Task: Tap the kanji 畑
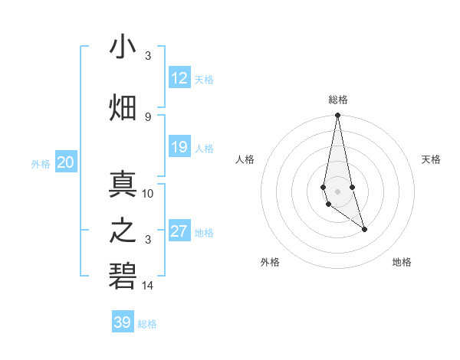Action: (x=123, y=108)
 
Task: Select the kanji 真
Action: (x=123, y=185)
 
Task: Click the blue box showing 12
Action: (x=179, y=78)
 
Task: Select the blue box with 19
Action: (x=179, y=147)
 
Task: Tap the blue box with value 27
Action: (x=179, y=231)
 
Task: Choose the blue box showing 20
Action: (x=66, y=162)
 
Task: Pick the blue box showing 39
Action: (x=123, y=322)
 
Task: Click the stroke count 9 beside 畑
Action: (x=148, y=116)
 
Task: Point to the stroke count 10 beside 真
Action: (x=148, y=193)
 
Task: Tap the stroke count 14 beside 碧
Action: (x=148, y=286)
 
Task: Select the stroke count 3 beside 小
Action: (x=148, y=55)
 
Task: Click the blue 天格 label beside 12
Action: (x=204, y=79)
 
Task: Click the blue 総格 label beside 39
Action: (x=147, y=324)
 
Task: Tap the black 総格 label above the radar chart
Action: (x=338, y=100)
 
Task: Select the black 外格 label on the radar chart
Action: (x=270, y=262)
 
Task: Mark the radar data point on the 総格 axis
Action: (x=337, y=116)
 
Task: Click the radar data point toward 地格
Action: (x=364, y=229)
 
